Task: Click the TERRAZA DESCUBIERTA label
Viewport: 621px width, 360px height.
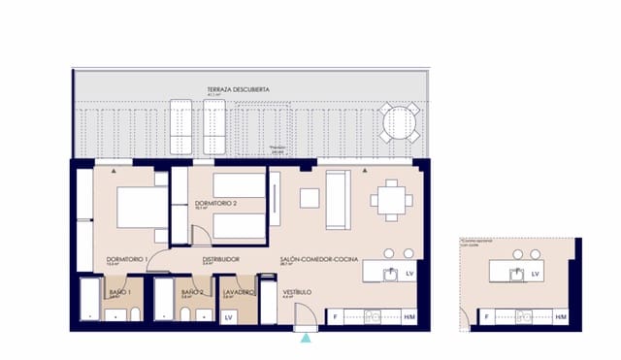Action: coord(237,89)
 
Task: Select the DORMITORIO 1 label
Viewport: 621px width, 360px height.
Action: coord(126,259)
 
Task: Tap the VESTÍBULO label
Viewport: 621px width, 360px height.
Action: coord(296,291)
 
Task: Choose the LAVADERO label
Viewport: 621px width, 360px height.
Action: coord(238,291)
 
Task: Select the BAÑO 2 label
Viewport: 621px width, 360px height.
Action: coord(191,291)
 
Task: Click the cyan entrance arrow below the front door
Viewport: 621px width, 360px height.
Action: coord(307,338)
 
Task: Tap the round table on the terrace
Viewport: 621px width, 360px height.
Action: coord(398,123)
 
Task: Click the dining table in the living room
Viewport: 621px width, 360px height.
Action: coord(391,199)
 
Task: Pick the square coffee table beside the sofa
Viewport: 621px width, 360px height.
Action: coord(310,198)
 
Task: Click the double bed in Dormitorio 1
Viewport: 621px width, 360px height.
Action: coord(140,206)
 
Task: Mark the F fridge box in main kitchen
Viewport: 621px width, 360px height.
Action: coord(336,317)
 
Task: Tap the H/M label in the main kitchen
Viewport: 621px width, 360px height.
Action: coord(409,317)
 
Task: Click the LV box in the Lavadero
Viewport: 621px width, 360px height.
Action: coord(230,317)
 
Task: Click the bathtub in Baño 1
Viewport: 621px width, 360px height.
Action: coord(89,301)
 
